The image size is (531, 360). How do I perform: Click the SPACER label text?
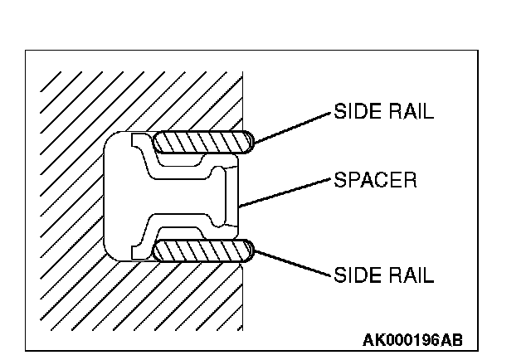(x=375, y=179)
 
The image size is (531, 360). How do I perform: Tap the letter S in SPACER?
(x=339, y=179)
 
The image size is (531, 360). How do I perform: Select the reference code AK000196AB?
(x=412, y=340)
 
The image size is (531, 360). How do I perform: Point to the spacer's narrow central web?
(x=178, y=197)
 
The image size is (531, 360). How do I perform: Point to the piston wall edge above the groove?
(x=242, y=100)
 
